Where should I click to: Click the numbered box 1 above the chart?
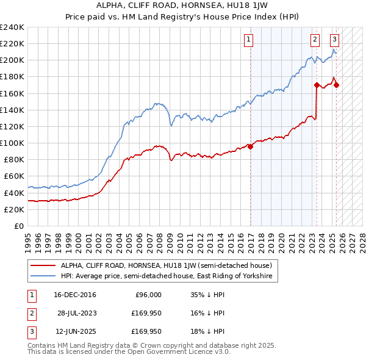coord(249,40)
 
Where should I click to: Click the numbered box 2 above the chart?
coord(315,40)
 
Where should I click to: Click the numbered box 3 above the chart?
coord(335,40)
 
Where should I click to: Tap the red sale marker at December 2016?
coord(250,146)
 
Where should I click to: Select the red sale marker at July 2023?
coord(317,85)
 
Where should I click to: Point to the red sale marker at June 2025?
coord(336,85)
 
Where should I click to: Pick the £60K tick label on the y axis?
coord(15,176)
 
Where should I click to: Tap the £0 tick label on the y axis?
coord(20,226)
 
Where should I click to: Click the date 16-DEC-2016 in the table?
coord(75,295)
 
